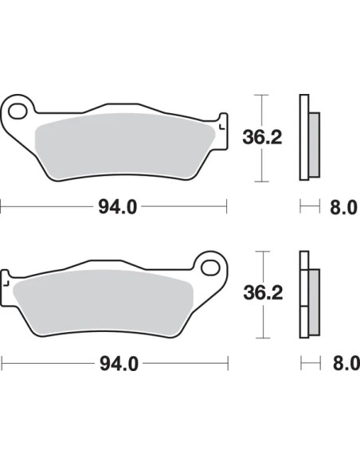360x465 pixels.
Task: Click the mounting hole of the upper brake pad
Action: [x=18, y=111]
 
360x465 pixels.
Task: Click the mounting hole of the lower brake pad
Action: [x=210, y=268]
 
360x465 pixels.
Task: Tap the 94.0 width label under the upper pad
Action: [x=117, y=207]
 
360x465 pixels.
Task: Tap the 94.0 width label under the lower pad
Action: [x=119, y=364]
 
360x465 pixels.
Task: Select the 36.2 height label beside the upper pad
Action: [x=262, y=137]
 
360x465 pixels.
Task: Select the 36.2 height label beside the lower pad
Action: [x=263, y=293]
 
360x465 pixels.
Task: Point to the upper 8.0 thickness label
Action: [x=343, y=207]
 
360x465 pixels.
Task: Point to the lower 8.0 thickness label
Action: [x=346, y=363]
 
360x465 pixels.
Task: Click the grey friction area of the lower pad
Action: [x=103, y=303]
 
